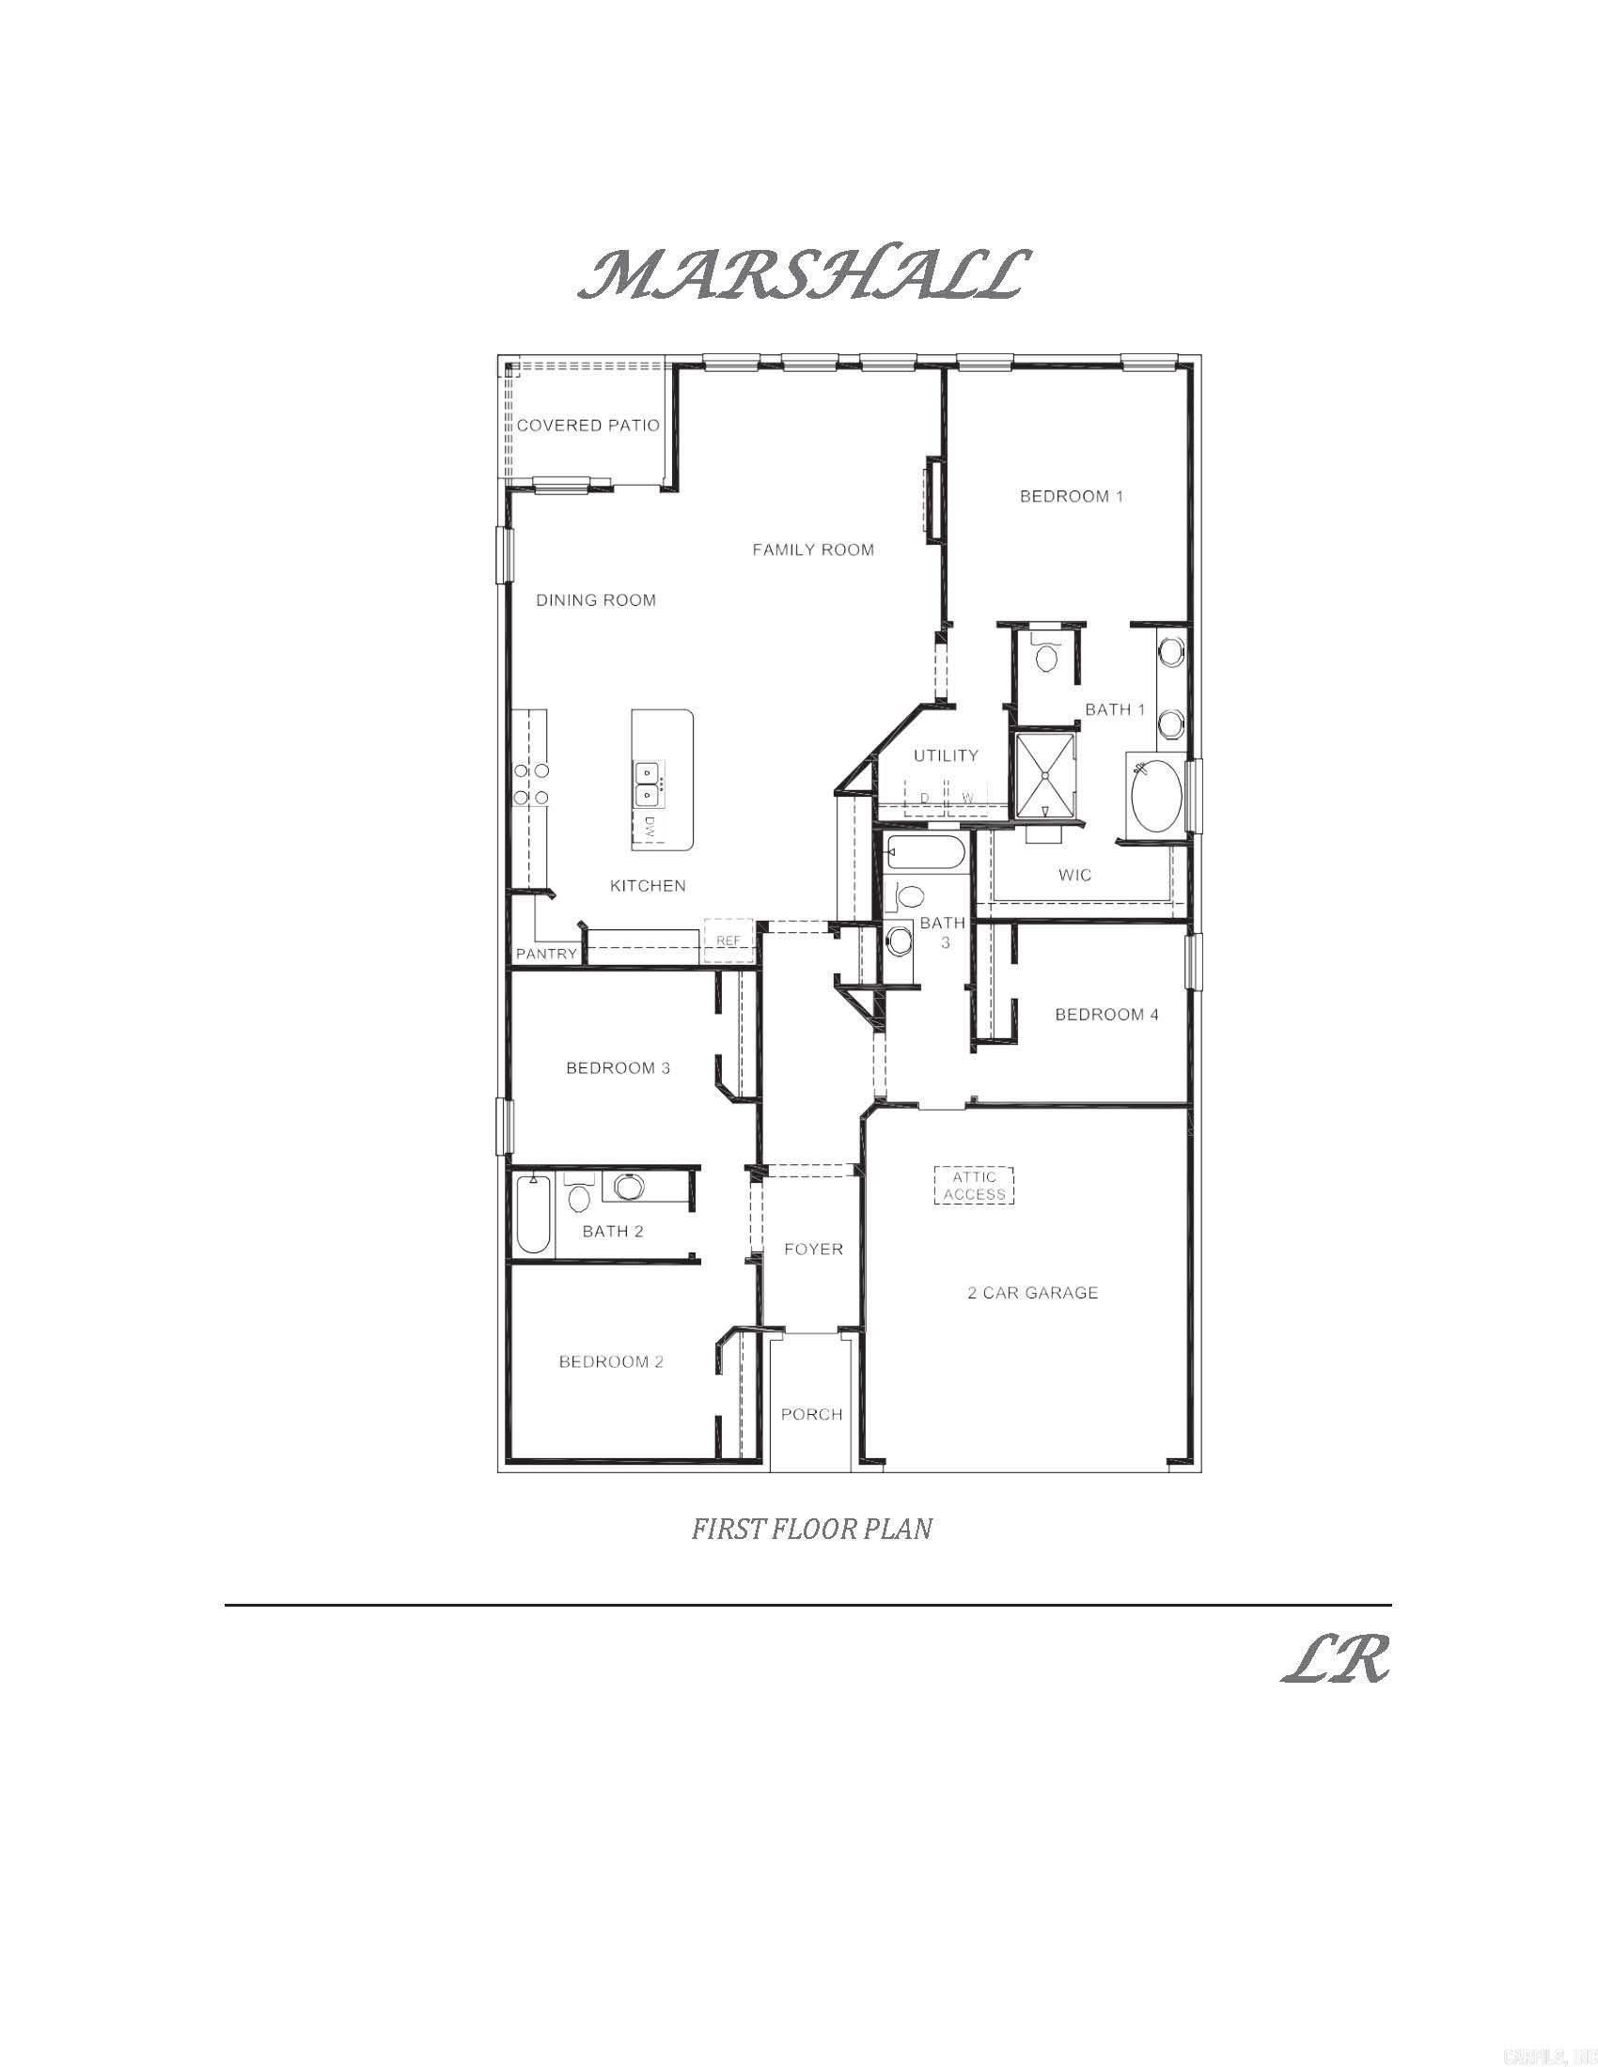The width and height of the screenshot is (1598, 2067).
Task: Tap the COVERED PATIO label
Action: coord(587,426)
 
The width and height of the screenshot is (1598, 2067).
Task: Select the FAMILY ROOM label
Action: coord(812,550)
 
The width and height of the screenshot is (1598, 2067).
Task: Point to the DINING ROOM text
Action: coord(595,600)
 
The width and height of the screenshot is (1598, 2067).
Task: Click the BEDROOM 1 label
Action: coord(1071,496)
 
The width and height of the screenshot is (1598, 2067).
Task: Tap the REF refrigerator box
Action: coord(727,940)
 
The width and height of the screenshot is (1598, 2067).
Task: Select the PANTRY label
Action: coord(546,954)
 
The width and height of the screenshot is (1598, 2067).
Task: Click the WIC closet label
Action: coord(1074,876)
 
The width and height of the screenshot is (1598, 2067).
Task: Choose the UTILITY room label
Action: coord(945,755)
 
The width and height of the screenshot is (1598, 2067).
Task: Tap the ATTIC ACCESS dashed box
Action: coord(974,1186)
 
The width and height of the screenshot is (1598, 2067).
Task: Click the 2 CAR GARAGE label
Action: coord(1032,1293)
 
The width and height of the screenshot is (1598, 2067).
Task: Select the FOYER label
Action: coord(813,1250)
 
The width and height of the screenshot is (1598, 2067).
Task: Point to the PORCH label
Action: coord(811,1414)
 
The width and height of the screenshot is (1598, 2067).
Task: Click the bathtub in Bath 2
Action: coord(533,1214)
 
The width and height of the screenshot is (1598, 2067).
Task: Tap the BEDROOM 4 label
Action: coord(1105,1015)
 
